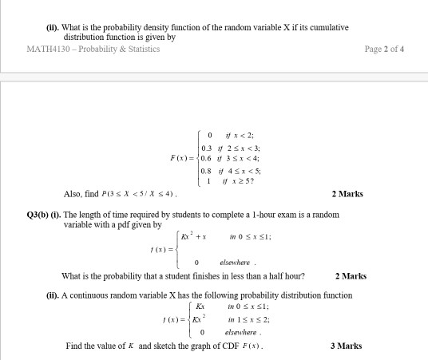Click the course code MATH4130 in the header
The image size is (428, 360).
[x=47, y=49]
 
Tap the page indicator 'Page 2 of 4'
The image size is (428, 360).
[x=384, y=49]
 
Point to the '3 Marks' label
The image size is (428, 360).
[x=346, y=346]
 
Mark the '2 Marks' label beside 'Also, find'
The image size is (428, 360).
[x=347, y=194]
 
